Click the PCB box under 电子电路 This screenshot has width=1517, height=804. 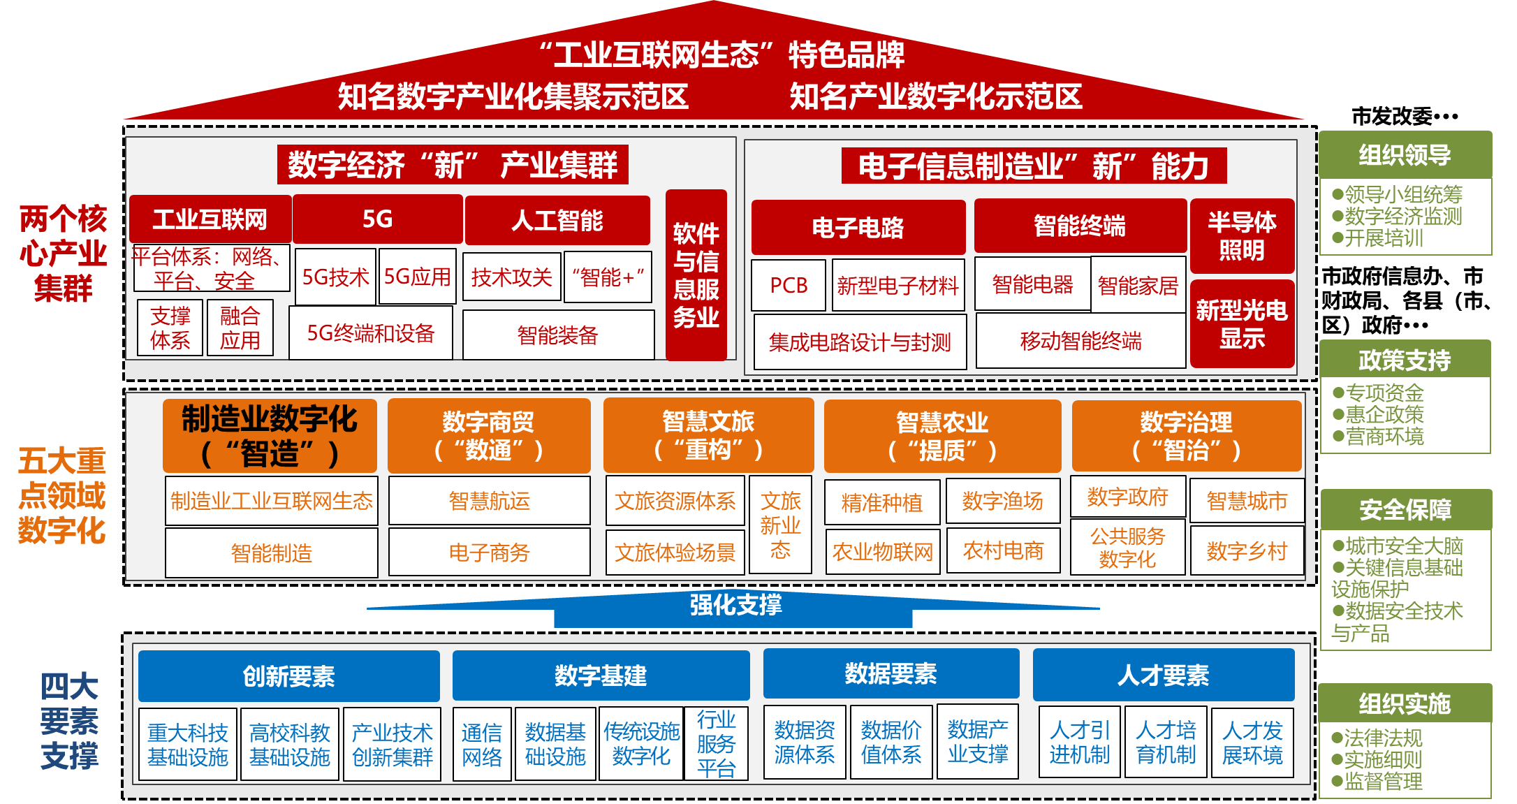pyautogui.click(x=789, y=285)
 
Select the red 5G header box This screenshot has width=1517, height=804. pyautogui.click(x=377, y=219)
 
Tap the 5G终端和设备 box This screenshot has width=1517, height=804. pyautogui.click(x=371, y=333)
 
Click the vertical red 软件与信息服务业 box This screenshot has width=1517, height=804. pyautogui.click(x=696, y=275)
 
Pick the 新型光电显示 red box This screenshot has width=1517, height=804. pyautogui.click(x=1242, y=323)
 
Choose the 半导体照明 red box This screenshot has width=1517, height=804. pyautogui.click(x=1242, y=236)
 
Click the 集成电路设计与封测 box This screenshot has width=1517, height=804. pyautogui.click(x=860, y=342)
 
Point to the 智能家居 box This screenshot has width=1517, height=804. pyautogui.click(x=1138, y=285)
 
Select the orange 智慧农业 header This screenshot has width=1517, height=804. pyautogui.click(x=942, y=436)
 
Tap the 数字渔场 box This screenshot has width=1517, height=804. pyautogui.click(x=1002, y=501)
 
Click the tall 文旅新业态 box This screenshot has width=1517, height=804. pyautogui.click(x=780, y=525)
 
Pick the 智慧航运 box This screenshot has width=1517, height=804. pyautogui.click(x=489, y=501)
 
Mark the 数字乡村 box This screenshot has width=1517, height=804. pyautogui.click(x=1247, y=551)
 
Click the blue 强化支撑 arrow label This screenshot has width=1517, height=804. pyautogui.click(x=735, y=605)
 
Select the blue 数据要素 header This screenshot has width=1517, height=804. pyautogui.click(x=891, y=674)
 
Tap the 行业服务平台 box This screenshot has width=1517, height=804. pyautogui.click(x=716, y=744)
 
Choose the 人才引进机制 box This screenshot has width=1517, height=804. pyautogui.click(x=1079, y=743)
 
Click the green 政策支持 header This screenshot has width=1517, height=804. pyautogui.click(x=1405, y=360)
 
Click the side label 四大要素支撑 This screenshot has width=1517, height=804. pyautogui.click(x=69, y=722)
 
